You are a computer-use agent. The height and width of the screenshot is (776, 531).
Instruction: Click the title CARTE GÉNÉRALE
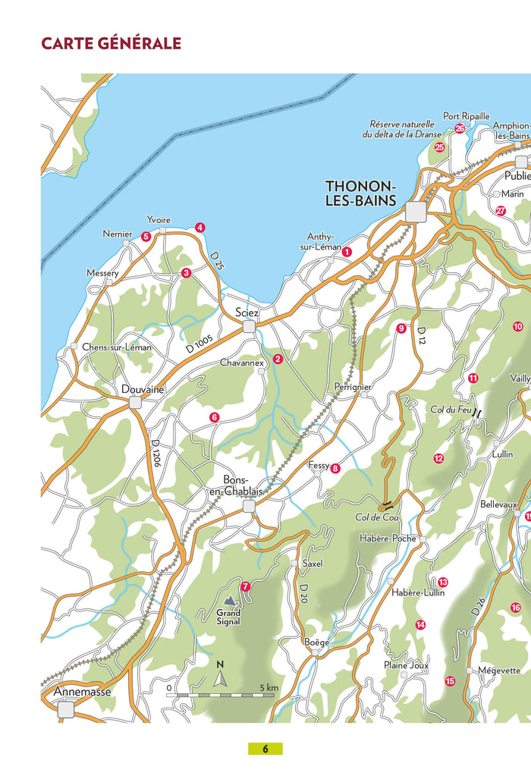pos(111,43)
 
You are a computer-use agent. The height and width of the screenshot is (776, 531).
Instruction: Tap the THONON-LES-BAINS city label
pos(360,193)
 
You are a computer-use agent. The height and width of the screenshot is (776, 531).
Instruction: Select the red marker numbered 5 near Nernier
pos(146,237)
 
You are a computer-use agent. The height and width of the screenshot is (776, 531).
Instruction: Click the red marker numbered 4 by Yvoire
pos(200,228)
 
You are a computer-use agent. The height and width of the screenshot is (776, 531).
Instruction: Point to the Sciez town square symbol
pos(248,327)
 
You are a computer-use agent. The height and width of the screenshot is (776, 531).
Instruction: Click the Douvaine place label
pos(143,389)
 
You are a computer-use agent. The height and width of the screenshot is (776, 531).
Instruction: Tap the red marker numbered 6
pos(215,417)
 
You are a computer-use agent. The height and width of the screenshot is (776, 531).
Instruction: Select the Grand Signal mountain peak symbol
pos(229,601)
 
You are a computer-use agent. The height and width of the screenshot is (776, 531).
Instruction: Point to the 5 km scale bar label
pos(269,687)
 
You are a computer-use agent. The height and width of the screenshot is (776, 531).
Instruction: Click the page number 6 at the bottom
pos(265,749)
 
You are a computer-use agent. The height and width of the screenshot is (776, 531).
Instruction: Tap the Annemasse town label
pos(82,693)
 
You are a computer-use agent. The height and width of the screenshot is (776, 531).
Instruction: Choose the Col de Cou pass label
pos(377,518)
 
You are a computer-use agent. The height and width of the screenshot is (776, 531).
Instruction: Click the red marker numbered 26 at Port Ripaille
pos(460,129)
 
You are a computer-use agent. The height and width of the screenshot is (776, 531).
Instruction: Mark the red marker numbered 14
pos(420,625)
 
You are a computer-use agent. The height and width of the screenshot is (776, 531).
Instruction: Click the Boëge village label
pos(316,642)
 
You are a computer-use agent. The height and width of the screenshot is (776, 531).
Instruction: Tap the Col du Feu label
pos(451,410)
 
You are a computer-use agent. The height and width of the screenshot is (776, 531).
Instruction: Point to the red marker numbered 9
pos(401,328)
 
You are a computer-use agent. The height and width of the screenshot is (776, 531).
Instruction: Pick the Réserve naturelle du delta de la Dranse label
pos(401,129)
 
